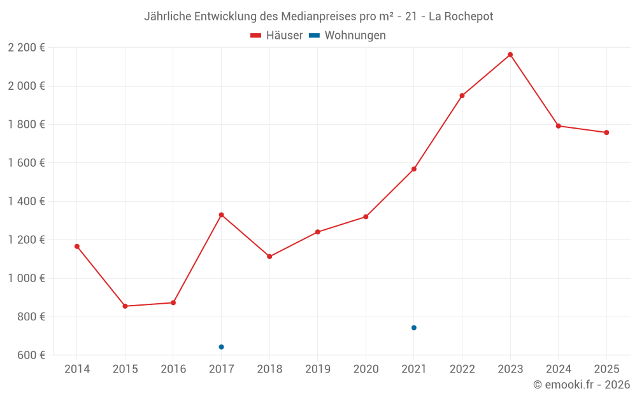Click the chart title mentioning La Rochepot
click(318, 16)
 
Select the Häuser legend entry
click(276, 36)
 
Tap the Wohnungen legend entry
click(348, 36)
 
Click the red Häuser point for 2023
click(510, 55)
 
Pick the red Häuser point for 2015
click(125, 306)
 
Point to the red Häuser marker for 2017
click(221, 215)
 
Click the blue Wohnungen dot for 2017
click(221, 347)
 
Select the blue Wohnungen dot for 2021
click(414, 328)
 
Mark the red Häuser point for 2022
click(462, 96)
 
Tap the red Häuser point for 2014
click(77, 246)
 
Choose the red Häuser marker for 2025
click(606, 132)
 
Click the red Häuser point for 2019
click(318, 232)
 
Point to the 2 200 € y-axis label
click(26, 47)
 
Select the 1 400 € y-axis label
click(26, 201)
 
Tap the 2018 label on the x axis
click(269, 369)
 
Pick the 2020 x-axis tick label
click(366, 369)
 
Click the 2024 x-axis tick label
click(558, 369)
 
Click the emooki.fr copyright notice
click(581, 385)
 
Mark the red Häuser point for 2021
click(414, 169)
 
